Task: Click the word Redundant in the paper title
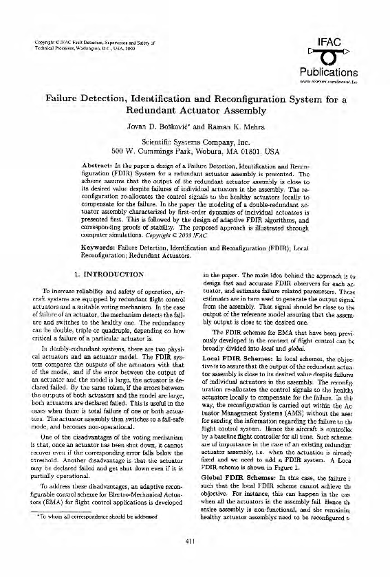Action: pyautogui.click(x=158, y=109)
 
